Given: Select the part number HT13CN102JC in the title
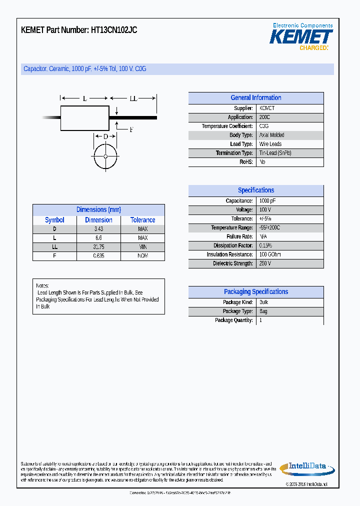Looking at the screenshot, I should [113, 30].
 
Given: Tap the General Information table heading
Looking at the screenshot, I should [255, 98].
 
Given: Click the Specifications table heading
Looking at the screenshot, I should [255, 190].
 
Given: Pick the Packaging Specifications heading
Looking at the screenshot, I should [255, 292].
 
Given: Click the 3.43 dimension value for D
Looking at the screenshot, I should [98, 229].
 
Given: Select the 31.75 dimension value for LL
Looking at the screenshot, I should [98, 247].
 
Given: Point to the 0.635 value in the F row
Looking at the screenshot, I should [98, 256].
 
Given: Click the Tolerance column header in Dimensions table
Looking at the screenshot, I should [142, 220].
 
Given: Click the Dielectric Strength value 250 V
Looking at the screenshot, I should [265, 263].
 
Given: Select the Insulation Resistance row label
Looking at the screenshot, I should [229, 254].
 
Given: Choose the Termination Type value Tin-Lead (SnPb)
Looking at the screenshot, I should [275, 153].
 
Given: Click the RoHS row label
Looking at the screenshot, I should [246, 162].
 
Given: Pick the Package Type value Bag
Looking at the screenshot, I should [263, 311].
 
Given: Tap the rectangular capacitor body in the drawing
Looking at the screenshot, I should [84, 118].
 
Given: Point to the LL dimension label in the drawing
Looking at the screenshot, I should [133, 99].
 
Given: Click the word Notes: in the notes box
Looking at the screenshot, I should [42, 285].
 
